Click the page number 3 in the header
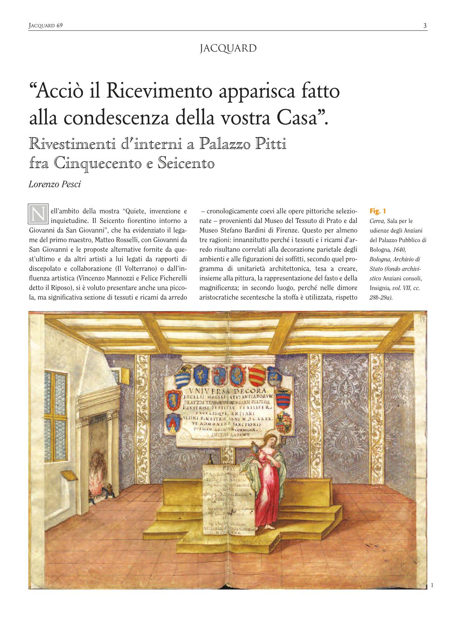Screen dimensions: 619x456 pyautogui.click(x=425, y=26)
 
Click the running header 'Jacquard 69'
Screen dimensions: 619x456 pyautogui.click(x=46, y=26)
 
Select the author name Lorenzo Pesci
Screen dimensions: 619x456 pyautogui.click(x=55, y=184)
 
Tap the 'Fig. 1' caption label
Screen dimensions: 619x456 pyautogui.click(x=378, y=211)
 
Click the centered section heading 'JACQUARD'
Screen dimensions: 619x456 pyautogui.click(x=228, y=49)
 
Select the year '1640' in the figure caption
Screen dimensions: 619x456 pyautogui.click(x=399, y=250)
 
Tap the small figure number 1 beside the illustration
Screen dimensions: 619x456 pyautogui.click(x=432, y=585)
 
